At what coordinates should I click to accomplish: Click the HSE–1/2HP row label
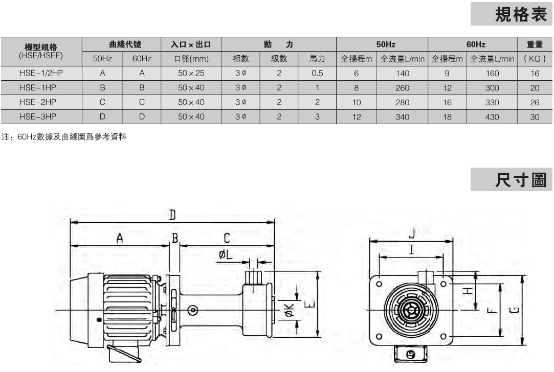point(41,73)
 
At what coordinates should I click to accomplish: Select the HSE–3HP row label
point(38,117)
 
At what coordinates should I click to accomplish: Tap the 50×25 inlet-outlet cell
point(191,73)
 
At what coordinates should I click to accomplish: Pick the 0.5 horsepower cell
point(317,73)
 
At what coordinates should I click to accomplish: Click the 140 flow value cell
point(403,74)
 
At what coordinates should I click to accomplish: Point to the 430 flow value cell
point(492,117)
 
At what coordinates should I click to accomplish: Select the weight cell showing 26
point(535,102)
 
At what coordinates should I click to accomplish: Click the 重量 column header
point(535,44)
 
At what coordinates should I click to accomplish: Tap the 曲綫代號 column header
point(125,44)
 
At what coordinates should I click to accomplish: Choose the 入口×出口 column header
point(191,44)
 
